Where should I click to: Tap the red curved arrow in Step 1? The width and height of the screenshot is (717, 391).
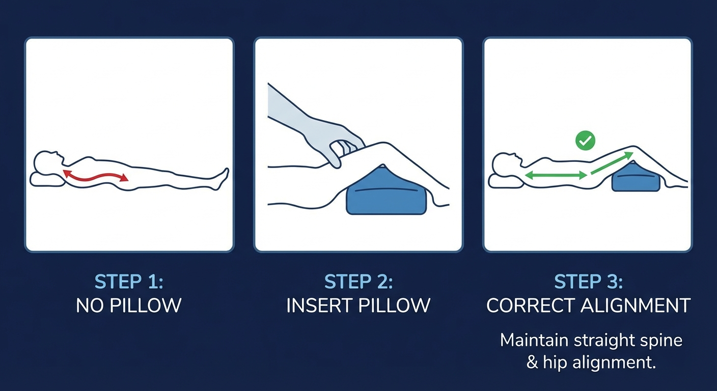coord(95,177)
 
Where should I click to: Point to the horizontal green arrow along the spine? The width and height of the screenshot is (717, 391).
coord(556,175)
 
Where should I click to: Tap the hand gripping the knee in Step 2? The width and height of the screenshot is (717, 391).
coord(342,145)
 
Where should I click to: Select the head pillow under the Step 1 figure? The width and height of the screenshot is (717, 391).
coord(46,179)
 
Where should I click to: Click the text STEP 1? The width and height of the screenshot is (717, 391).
coord(129,282)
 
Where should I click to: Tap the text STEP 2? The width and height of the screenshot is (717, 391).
coord(358,282)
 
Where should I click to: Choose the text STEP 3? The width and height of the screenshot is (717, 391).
coord(588,282)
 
